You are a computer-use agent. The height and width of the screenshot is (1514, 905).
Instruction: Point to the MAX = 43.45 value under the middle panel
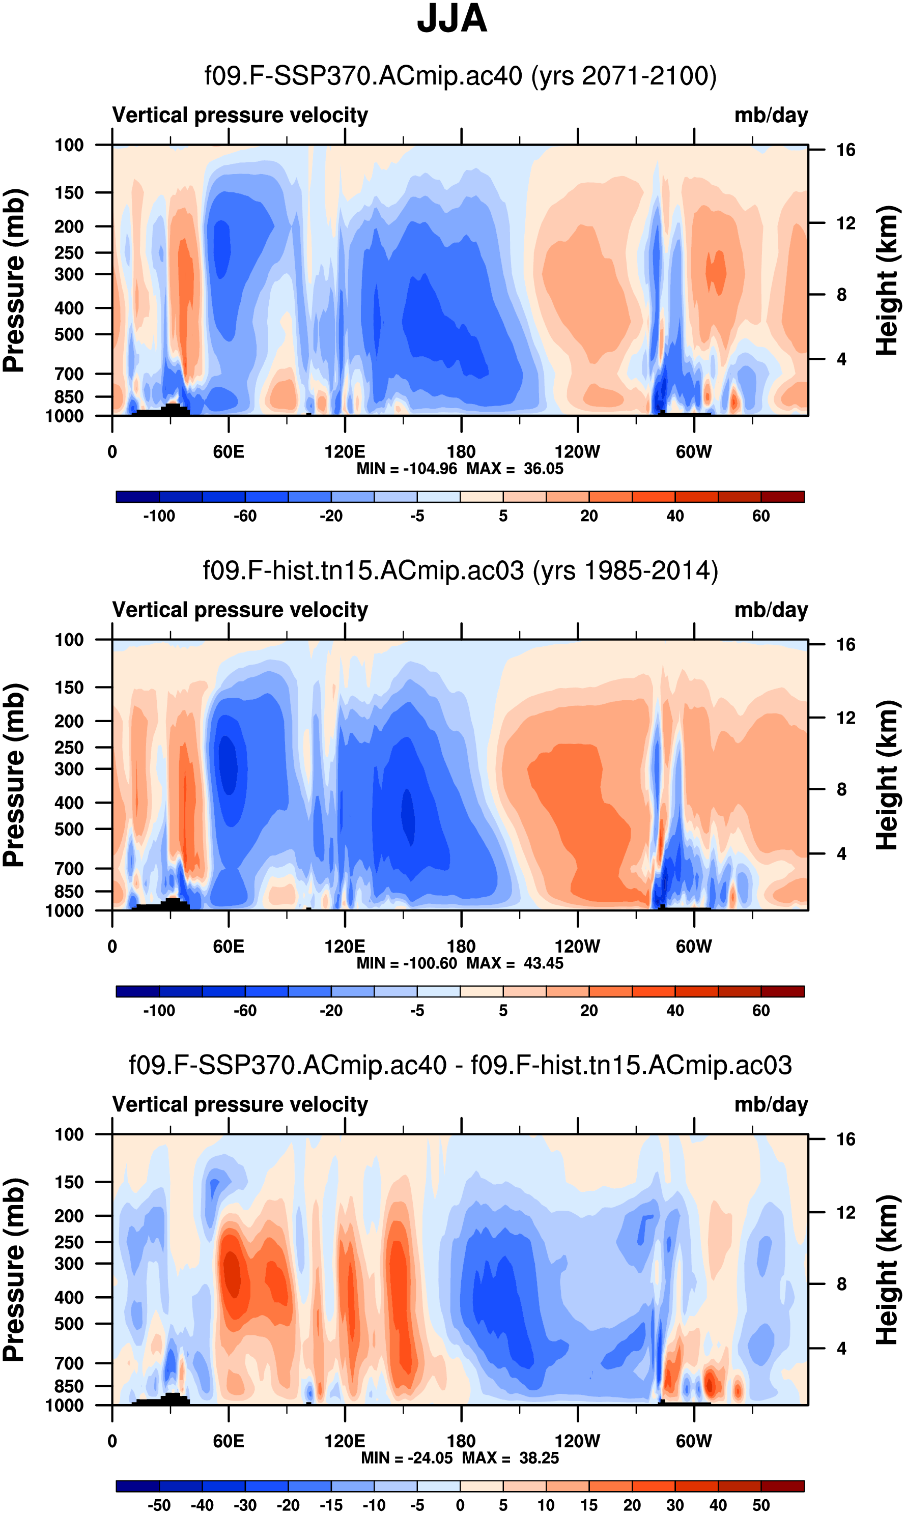click(x=515, y=963)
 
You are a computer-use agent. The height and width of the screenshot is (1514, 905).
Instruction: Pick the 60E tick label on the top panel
click(x=229, y=452)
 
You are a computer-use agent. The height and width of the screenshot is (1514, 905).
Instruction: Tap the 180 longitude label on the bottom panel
click(x=461, y=1441)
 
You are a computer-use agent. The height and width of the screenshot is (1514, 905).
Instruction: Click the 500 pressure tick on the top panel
click(x=69, y=335)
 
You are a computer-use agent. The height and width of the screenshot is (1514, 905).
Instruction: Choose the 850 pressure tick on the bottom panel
click(x=69, y=1386)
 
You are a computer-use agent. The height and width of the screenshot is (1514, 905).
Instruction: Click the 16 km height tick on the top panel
click(x=845, y=150)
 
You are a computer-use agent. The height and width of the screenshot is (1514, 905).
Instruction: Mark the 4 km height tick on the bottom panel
click(x=841, y=1348)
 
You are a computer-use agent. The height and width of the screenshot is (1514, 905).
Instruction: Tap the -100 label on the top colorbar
click(x=159, y=516)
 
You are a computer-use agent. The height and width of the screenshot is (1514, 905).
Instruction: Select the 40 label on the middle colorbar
click(x=674, y=1010)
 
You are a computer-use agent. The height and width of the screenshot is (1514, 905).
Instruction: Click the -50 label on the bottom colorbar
click(x=159, y=1505)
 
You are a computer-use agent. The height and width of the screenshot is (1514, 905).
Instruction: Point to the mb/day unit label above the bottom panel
click(x=771, y=1104)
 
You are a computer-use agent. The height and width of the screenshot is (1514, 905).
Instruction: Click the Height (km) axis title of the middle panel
click(x=888, y=775)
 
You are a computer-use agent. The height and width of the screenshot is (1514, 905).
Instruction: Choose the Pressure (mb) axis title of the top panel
click(x=15, y=280)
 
